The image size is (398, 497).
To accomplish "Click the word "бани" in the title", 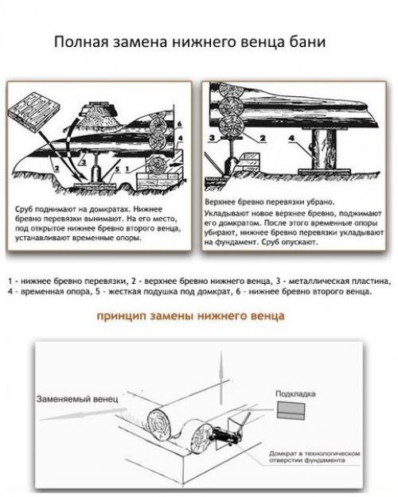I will click(306, 42).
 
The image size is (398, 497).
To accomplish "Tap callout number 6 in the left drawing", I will click(180, 124).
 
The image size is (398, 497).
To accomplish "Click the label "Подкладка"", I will click(295, 393).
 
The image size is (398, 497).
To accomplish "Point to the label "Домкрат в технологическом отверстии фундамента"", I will click(309, 455).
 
